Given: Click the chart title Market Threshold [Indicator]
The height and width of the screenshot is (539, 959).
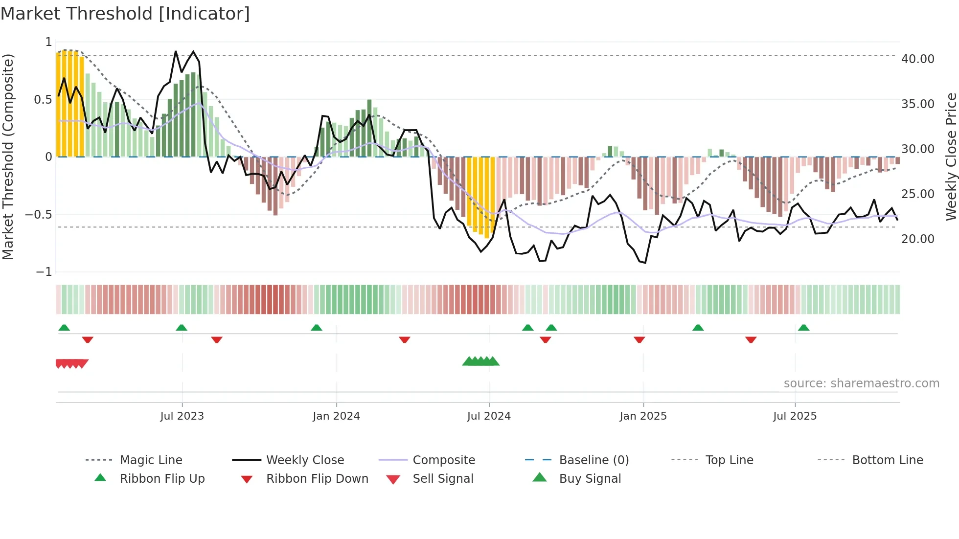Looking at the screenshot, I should (x=125, y=14).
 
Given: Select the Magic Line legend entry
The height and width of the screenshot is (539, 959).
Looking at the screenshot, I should (x=151, y=460).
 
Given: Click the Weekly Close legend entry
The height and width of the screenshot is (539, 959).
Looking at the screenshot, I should (x=305, y=460).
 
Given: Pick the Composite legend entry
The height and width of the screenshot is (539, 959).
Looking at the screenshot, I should (x=443, y=460).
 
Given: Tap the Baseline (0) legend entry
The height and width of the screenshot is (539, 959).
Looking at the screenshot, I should (x=594, y=460).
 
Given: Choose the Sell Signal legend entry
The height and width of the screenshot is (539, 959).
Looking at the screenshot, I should (x=443, y=479).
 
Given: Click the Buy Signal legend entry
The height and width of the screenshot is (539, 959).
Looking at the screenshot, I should (x=590, y=479).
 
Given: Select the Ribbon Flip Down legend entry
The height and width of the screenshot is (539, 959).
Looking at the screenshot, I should (x=317, y=479).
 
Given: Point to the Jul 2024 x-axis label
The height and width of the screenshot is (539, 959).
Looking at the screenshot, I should (x=488, y=416).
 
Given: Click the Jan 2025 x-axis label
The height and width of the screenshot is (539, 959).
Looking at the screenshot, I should (x=642, y=416).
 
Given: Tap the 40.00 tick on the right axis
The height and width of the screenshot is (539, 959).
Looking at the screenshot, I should (x=917, y=59).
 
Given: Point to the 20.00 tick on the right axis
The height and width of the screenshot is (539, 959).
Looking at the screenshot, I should (x=917, y=239).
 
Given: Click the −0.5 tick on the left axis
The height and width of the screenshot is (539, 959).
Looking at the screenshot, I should (x=39, y=215).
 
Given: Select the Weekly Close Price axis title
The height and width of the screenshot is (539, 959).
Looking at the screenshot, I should (x=951, y=157).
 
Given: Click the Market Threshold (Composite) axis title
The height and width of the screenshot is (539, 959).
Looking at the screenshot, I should (x=8, y=157).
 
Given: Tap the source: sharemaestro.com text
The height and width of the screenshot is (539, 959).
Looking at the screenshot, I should (x=861, y=383).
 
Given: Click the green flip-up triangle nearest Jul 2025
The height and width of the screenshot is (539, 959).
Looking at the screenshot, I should (x=803, y=328).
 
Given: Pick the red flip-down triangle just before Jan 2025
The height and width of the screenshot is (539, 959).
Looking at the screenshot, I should (x=639, y=339).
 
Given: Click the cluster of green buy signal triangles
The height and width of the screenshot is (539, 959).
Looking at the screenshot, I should (x=481, y=361).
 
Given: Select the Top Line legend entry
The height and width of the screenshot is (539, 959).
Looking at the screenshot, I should (x=729, y=460).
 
